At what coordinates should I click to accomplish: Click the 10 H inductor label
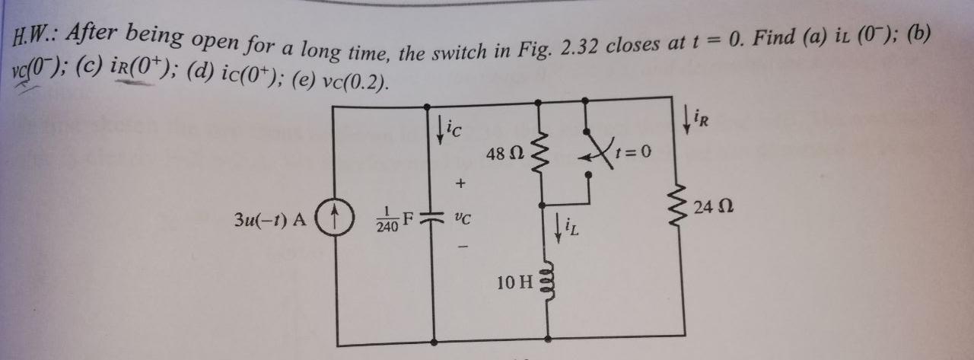click(x=515, y=283)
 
